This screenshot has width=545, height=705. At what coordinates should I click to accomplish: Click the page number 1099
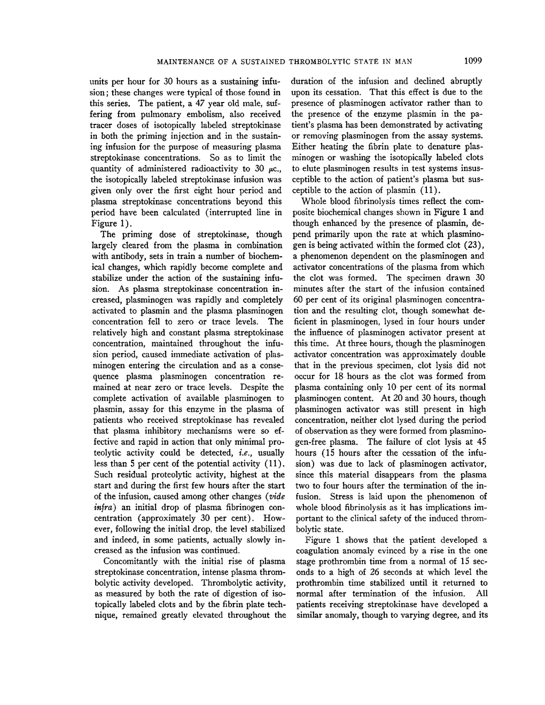pos(473,61)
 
